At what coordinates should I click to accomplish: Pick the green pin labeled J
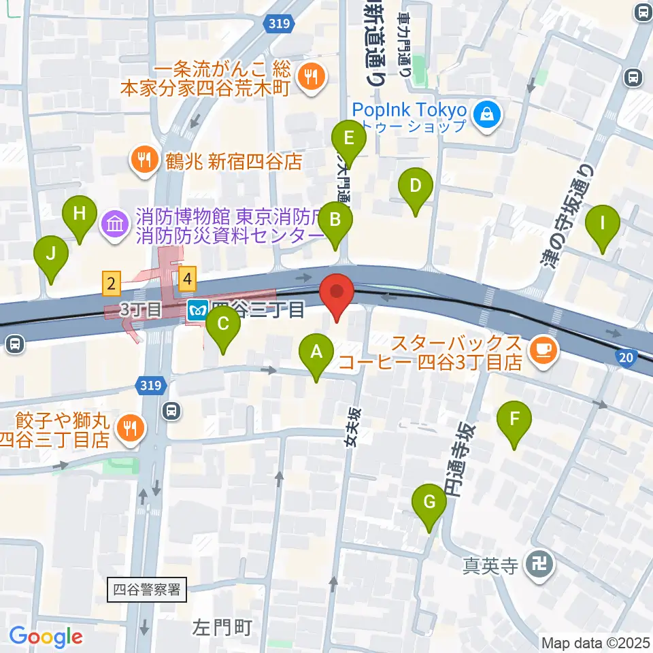(51, 256)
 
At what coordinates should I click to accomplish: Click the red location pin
(338, 293)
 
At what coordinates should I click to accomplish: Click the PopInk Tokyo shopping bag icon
(488, 115)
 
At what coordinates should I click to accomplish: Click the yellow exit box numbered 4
(188, 278)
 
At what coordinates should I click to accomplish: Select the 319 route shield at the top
(279, 24)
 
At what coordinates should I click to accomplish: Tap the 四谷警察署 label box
(147, 589)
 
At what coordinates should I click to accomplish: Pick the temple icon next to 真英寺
(541, 564)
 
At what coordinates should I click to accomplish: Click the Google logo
(46, 637)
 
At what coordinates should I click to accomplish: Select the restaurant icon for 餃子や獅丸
(128, 428)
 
